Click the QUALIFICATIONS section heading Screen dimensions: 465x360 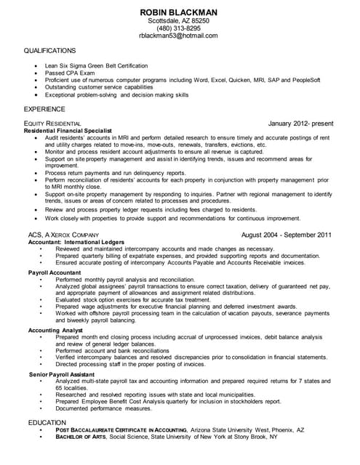(x=49, y=51)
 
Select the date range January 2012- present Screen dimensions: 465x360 (x=300, y=123)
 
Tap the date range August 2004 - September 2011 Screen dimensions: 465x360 (x=286, y=235)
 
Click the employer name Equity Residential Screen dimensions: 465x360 (x=52, y=124)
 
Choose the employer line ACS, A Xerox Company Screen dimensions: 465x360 (x=63, y=235)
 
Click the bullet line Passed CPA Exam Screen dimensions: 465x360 (x=69, y=73)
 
